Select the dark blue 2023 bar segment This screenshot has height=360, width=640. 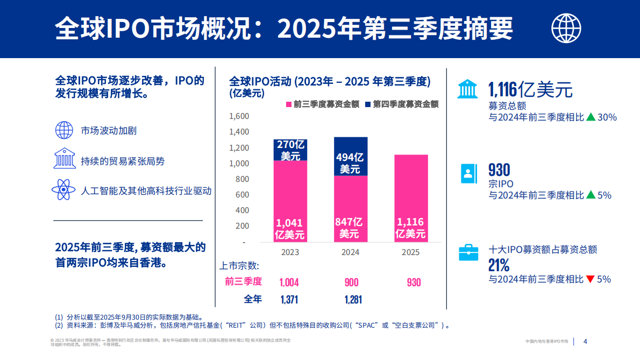(290, 150)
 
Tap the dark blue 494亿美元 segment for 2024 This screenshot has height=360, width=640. (351, 157)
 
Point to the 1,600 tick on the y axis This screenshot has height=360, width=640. (239, 116)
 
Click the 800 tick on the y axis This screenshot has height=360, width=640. (242, 179)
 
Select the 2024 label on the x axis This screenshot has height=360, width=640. (351, 252)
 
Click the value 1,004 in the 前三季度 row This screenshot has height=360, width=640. (289, 283)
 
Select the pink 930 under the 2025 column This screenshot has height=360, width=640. (414, 283)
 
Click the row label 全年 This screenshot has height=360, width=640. (253, 299)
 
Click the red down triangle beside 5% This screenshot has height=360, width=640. (590, 279)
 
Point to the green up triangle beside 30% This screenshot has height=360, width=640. (591, 117)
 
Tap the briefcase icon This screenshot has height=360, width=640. (468, 252)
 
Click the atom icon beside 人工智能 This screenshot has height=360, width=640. (63, 190)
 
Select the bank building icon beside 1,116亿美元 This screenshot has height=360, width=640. (467, 88)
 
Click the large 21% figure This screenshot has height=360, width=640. (499, 265)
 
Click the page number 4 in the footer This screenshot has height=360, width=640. (586, 341)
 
